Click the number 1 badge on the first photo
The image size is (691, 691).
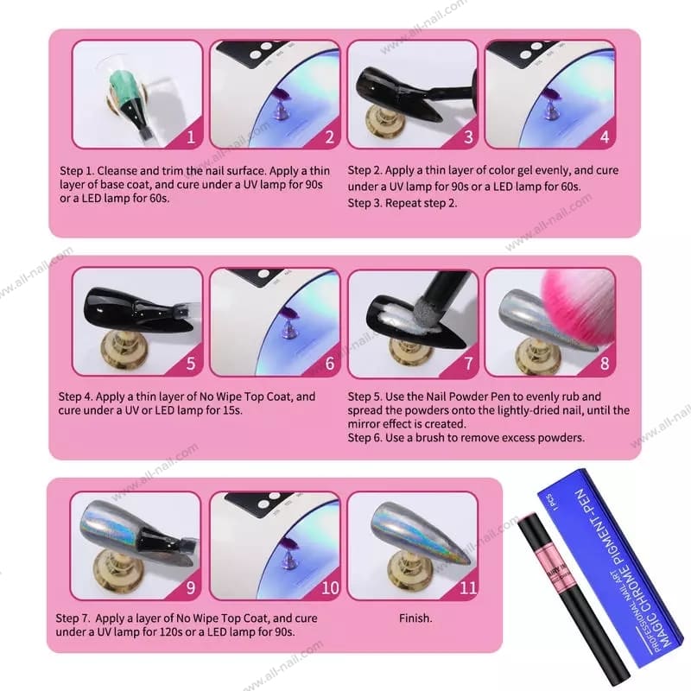pos(191,137)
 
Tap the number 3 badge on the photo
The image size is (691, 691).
pos(468,137)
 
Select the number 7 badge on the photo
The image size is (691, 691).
pos(468,363)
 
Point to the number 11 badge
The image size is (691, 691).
pos(468,588)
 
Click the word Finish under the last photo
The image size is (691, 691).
pos(415,618)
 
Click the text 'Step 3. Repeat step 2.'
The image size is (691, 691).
pos(402,203)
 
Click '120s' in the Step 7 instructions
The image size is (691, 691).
pos(169,632)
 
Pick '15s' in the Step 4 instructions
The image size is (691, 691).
pos(231,410)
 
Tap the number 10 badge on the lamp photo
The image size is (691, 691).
pos(330,588)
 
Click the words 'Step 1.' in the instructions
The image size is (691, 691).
pos(76,171)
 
